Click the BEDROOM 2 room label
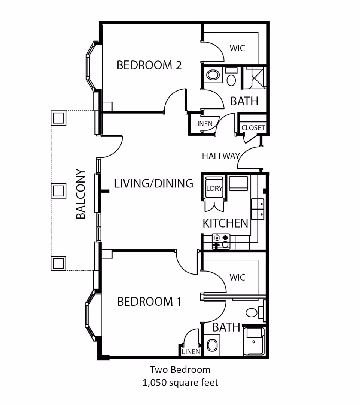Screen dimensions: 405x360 pyautogui.click(x=149, y=65)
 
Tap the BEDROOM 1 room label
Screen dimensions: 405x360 pyautogui.click(x=149, y=301)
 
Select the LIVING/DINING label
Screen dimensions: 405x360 pyautogui.click(x=153, y=183)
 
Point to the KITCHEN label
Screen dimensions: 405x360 pyautogui.click(x=225, y=223)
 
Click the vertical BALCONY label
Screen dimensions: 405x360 pyautogui.click(x=81, y=194)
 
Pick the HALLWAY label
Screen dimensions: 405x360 pyautogui.click(x=220, y=156)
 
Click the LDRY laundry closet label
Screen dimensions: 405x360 pyautogui.click(x=214, y=189)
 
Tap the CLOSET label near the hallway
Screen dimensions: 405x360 pyautogui.click(x=253, y=128)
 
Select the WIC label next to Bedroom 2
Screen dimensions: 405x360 pyautogui.click(x=237, y=48)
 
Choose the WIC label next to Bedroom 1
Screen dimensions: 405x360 pyautogui.click(x=237, y=277)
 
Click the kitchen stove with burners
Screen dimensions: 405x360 pyautogui.click(x=221, y=241)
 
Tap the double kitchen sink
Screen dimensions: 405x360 pyautogui.click(x=258, y=209)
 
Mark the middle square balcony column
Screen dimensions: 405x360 pyautogui.click(x=58, y=191)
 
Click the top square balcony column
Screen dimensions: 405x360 pyautogui.click(x=58, y=118)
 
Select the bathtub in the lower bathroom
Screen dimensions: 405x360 pyautogui.click(x=254, y=341)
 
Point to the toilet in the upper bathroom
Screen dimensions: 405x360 pyautogui.click(x=231, y=79)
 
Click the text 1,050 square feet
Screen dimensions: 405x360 pyautogui.click(x=180, y=382)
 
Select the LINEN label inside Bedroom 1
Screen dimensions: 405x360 pyautogui.click(x=190, y=352)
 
